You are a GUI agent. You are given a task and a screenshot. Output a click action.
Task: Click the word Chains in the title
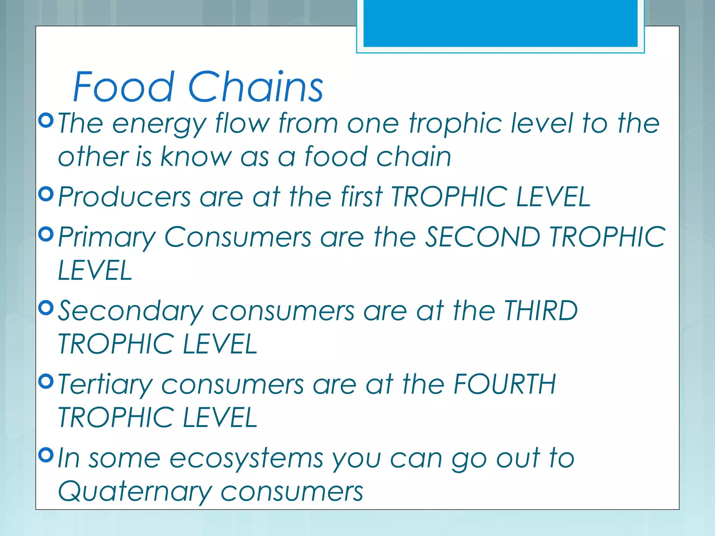click(x=256, y=87)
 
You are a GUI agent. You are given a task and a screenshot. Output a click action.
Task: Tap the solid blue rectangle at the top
click(x=500, y=23)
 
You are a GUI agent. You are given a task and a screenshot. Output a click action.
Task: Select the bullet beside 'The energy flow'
click(x=46, y=120)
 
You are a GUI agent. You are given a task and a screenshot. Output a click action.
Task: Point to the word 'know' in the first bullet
click(x=196, y=157)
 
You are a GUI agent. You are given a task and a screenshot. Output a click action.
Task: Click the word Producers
click(x=124, y=197)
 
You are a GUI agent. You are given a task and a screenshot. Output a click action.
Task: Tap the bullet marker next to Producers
click(x=46, y=194)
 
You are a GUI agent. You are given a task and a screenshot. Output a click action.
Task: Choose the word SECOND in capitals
click(x=482, y=237)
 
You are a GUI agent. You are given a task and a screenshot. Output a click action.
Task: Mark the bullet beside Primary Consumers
click(x=46, y=234)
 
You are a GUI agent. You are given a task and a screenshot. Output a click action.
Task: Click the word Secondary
click(x=130, y=312)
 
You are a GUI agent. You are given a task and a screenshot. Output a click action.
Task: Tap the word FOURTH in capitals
click(x=504, y=384)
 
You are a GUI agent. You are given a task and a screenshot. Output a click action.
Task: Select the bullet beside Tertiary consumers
click(x=46, y=381)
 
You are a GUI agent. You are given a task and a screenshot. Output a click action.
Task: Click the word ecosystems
click(x=246, y=459)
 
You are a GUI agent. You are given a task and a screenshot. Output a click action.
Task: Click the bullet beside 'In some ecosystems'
click(x=46, y=455)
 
